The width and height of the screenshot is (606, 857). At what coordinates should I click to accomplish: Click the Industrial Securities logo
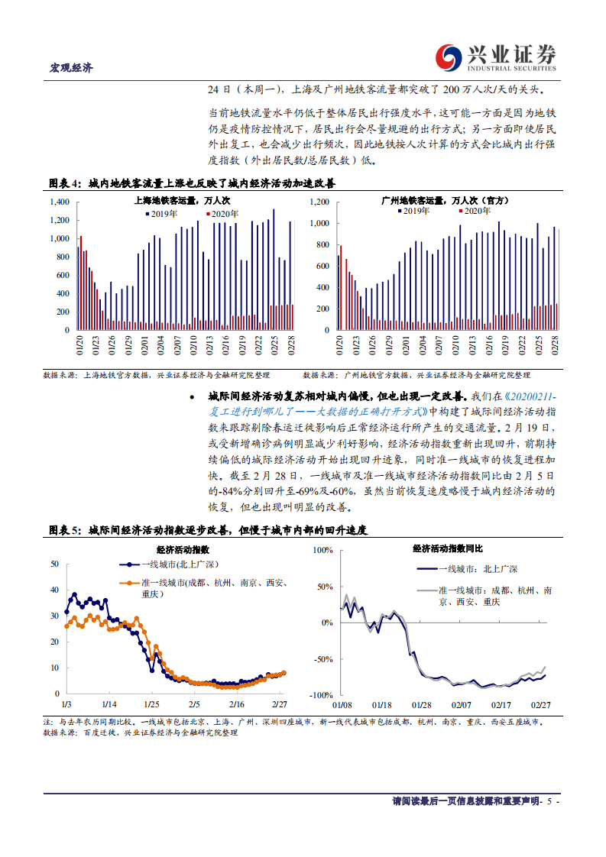[495, 56]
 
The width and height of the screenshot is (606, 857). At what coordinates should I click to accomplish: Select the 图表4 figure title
[192, 184]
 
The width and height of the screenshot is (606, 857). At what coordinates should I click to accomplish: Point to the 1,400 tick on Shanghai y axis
[58, 202]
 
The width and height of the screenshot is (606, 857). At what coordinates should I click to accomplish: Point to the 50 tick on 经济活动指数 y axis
[53, 564]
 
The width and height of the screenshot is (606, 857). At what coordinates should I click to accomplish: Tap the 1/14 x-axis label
[108, 703]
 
